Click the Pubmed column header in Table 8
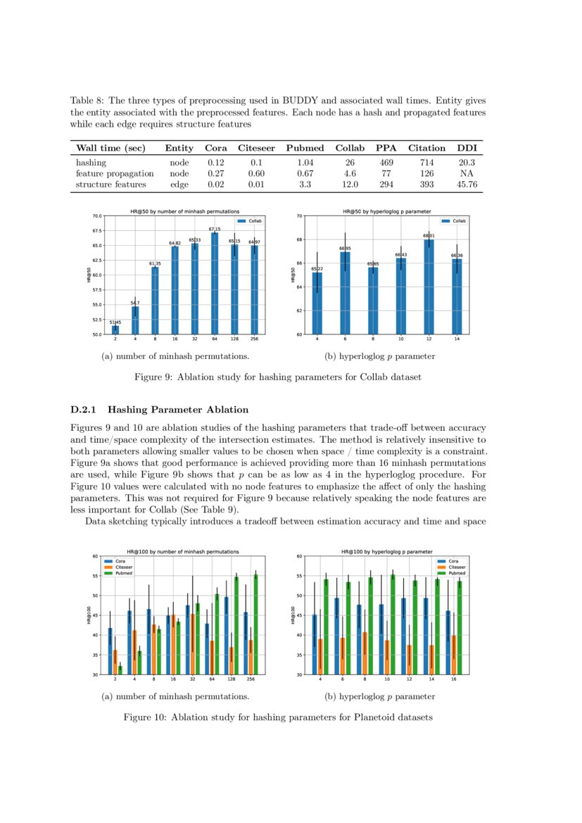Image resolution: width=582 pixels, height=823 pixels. [x=305, y=148]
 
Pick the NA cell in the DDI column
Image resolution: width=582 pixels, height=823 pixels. [x=467, y=173]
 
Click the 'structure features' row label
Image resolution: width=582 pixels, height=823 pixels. [x=110, y=184]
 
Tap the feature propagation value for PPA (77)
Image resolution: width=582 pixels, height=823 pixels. [x=386, y=173]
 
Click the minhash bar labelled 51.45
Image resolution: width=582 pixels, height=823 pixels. [x=115, y=330]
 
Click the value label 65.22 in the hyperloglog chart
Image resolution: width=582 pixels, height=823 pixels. [x=317, y=269]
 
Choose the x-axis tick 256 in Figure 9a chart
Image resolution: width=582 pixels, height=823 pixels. [x=254, y=339]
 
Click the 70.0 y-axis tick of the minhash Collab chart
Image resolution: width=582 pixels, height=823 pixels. [x=96, y=216]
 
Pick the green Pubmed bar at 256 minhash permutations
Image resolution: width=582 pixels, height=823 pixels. [x=255, y=624]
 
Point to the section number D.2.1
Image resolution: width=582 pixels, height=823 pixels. [x=85, y=409]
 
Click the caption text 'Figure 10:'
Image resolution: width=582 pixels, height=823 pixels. [x=146, y=717]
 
